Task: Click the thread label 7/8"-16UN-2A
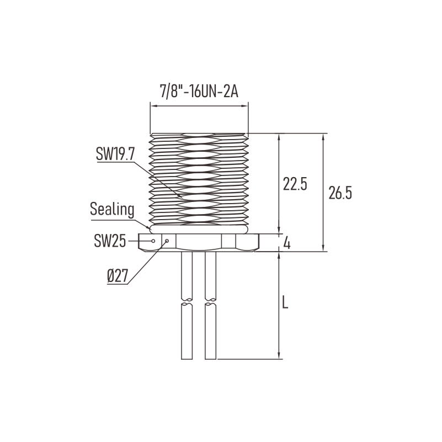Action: (x=199, y=92)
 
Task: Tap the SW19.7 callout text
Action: (x=115, y=154)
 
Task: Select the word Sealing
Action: (x=112, y=210)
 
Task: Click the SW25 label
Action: (x=110, y=241)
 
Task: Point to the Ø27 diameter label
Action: (x=118, y=276)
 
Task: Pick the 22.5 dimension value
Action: (x=295, y=184)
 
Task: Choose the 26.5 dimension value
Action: (x=340, y=193)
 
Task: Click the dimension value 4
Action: (x=287, y=243)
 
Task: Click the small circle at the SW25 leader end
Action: (x=153, y=241)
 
